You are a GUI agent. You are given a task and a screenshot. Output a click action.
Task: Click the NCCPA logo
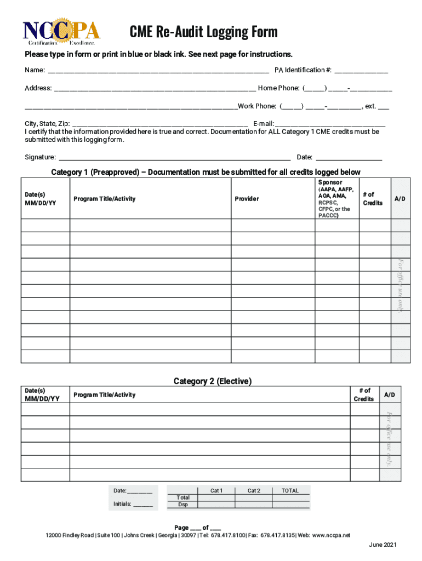[x=62, y=32]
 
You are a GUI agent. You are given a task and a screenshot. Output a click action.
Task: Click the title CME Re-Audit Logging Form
[x=203, y=32]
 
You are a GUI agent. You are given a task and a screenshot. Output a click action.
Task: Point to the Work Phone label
[x=256, y=106]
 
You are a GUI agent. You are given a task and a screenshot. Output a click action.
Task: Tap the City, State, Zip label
[x=47, y=124]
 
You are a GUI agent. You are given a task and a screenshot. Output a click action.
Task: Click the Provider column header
[x=247, y=199]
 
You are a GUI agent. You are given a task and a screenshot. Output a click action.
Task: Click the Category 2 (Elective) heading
[x=213, y=381]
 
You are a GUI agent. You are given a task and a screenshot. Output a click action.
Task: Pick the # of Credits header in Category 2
[x=364, y=394]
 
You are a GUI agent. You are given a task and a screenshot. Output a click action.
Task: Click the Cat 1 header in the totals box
[x=216, y=491]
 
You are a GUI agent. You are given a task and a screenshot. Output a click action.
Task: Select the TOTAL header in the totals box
[x=290, y=491]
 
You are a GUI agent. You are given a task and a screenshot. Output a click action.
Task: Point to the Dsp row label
[x=183, y=505]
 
